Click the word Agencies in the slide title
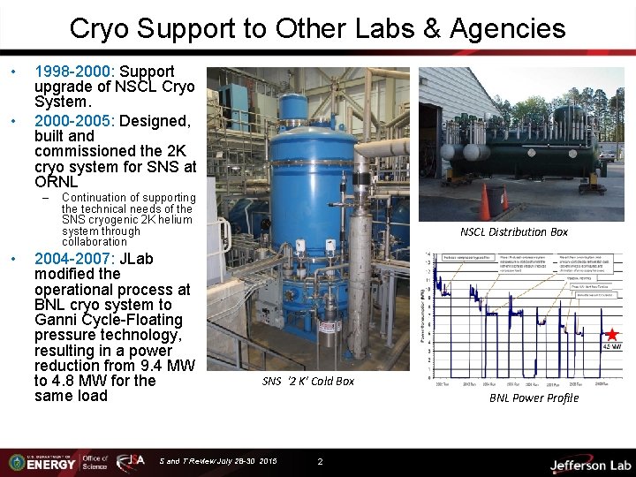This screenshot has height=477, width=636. coord(507,29)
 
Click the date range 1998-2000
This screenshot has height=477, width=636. coord(74,71)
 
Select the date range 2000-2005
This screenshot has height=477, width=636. coord(74,121)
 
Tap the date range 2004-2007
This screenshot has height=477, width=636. coord(74,260)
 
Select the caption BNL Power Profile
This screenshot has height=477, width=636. coord(534,398)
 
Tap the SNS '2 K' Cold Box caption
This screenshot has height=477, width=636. coord(308,382)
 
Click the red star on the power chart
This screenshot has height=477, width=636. coord(610,335)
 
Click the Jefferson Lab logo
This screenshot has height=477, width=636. coord(589,465)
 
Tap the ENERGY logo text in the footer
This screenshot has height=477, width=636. coord(50,465)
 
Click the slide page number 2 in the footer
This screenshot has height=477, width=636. coord(320,461)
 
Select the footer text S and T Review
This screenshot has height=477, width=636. coord(194,461)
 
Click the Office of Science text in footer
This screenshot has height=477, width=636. coord(95,462)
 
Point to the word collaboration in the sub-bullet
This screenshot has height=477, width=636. coord(95,242)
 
